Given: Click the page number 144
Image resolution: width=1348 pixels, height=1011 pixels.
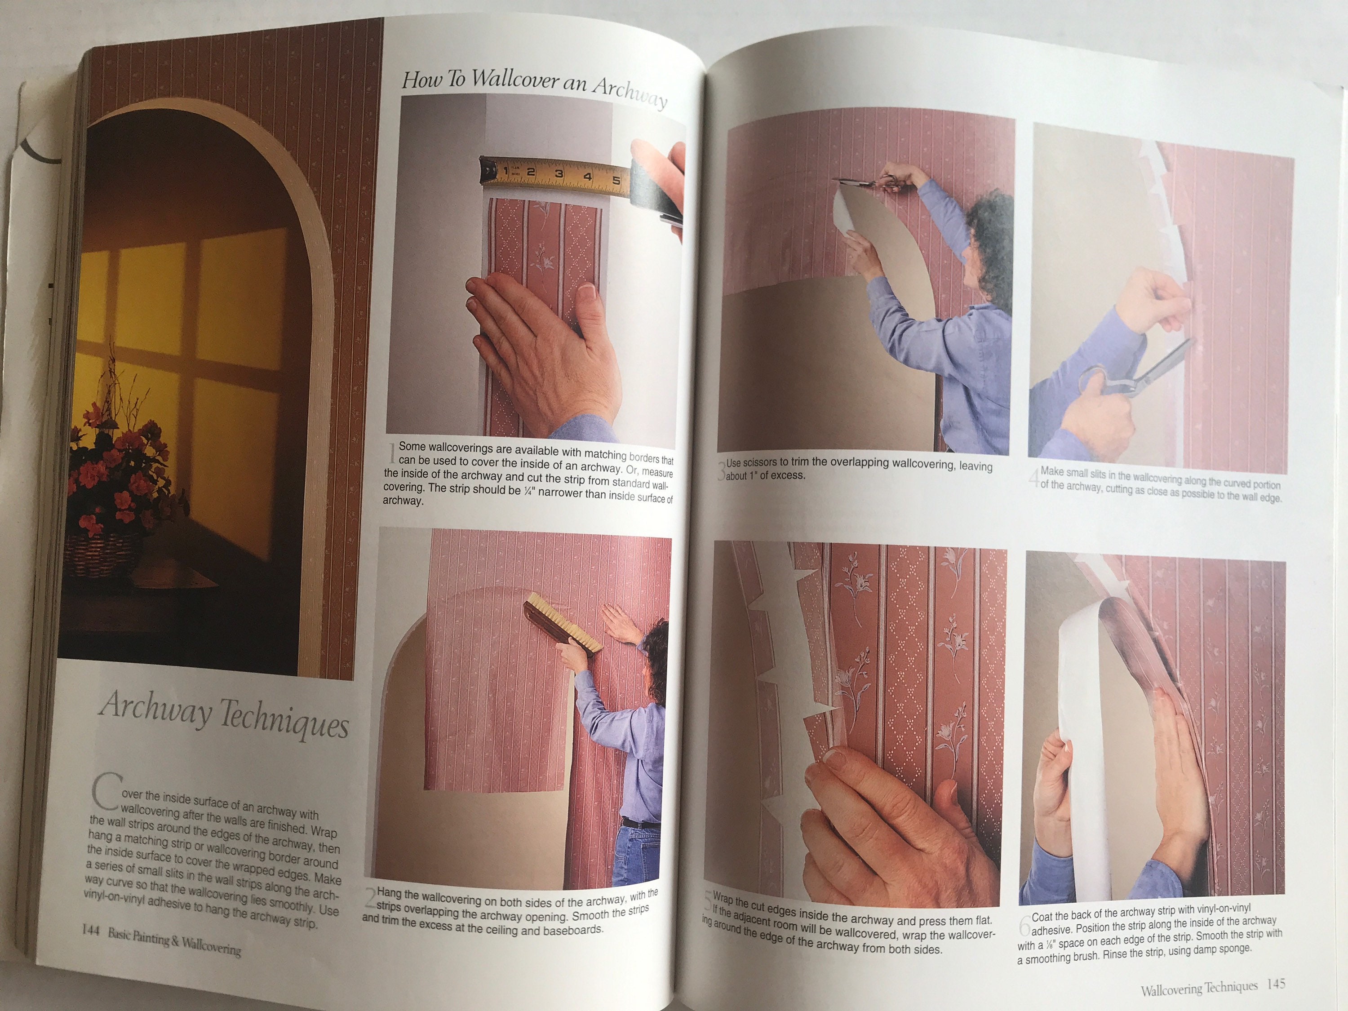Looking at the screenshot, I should pyautogui.click(x=91, y=930).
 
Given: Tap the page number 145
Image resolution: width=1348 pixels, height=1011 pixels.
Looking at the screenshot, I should pyautogui.click(x=1276, y=984).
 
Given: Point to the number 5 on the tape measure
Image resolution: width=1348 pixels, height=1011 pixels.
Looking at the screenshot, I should pyautogui.click(x=616, y=180).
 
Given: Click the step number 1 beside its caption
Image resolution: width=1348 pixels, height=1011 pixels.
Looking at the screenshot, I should pyautogui.click(x=392, y=452).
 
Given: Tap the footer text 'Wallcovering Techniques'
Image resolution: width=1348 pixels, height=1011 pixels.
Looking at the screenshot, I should pyautogui.click(x=1199, y=987).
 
